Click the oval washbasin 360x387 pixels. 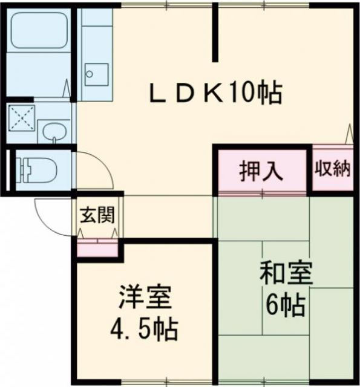tap(54, 131)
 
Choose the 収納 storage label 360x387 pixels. tap(332, 169)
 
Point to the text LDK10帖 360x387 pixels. tap(215, 94)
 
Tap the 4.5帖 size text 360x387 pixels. tap(144, 330)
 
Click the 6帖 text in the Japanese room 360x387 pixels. tap(285, 306)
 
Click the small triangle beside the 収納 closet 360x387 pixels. tap(349, 133)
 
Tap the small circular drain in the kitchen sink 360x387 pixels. tap(90, 75)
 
